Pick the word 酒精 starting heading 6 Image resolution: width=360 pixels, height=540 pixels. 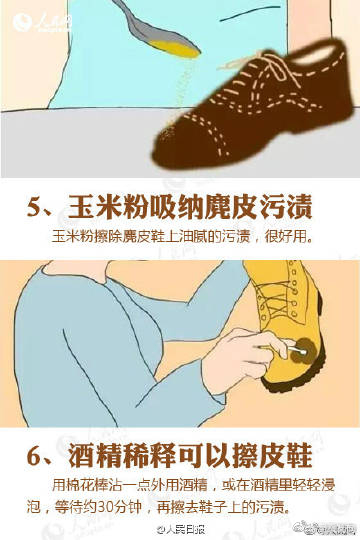click(93, 457)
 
